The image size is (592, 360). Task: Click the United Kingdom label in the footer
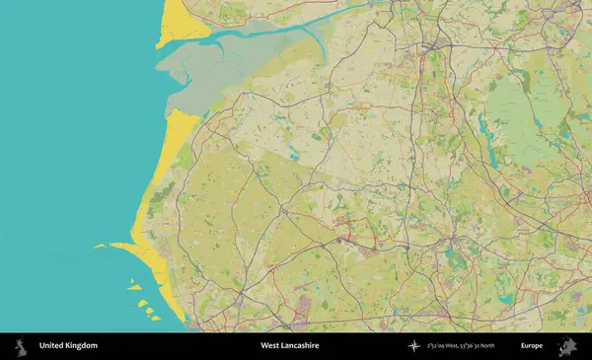pyautogui.click(x=68, y=346)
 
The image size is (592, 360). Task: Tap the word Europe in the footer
pyautogui.click(x=532, y=346)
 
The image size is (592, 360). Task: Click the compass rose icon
pyautogui.click(x=414, y=346)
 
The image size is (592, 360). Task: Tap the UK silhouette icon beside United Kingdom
pyautogui.click(x=19, y=346)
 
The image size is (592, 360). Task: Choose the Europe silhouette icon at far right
pyautogui.click(x=567, y=346)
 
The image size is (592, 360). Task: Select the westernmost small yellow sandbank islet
pyautogui.click(x=99, y=247)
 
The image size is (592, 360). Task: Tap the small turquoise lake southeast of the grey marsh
pyautogui.click(x=293, y=155)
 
